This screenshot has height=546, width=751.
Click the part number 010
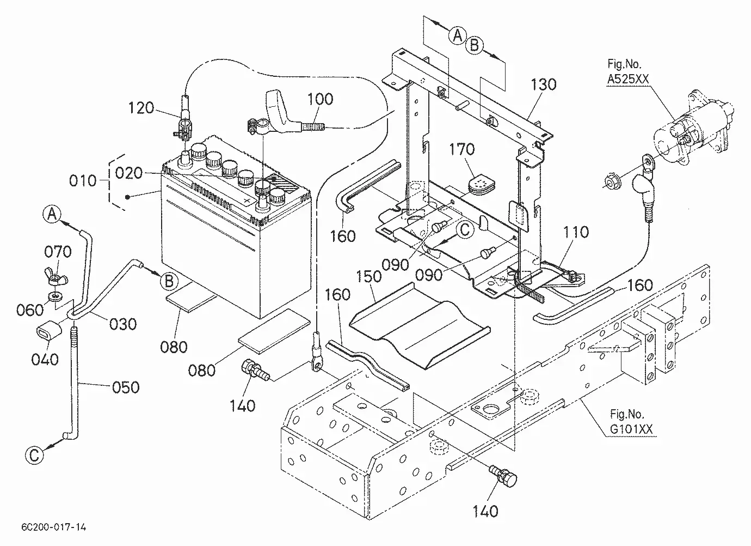[x=83, y=181]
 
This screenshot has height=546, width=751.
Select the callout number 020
[x=129, y=173]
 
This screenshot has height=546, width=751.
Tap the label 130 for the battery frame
[x=544, y=84]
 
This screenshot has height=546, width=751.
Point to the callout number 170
[x=461, y=149]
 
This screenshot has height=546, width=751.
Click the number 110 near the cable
[x=576, y=232]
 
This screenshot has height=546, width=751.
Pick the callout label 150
[x=369, y=276]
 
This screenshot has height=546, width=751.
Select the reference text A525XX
[x=628, y=79]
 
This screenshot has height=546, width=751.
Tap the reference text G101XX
[x=631, y=429]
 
